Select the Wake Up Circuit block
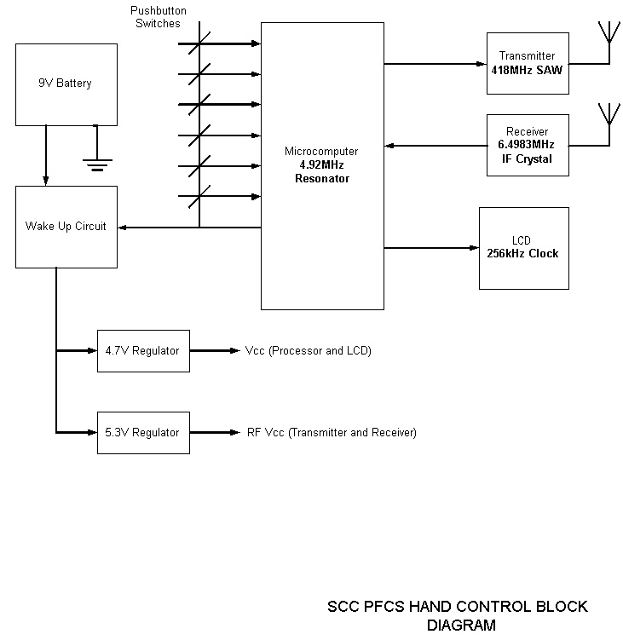pos(66,226)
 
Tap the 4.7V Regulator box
pos(142,350)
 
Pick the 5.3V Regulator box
pos(142,432)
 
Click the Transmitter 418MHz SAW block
pos(527,63)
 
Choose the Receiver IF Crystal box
pos(527,145)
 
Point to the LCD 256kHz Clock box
pos(523,247)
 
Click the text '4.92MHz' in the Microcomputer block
pos(321,165)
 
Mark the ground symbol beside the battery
pos(97,162)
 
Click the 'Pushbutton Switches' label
pos(158,17)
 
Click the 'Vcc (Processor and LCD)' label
pos(308,350)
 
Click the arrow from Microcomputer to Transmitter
pos(435,63)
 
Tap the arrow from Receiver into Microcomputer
pos(435,145)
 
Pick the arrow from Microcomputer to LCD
pos(430,248)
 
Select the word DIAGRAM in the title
pos(461,625)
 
